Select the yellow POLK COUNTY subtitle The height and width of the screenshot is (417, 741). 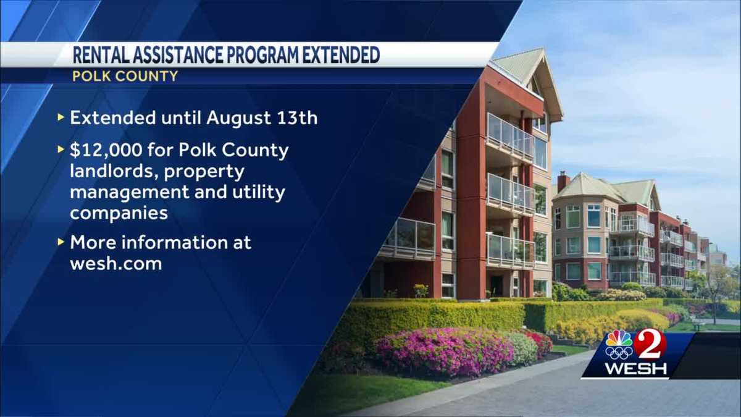125,77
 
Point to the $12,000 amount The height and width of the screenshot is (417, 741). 106,150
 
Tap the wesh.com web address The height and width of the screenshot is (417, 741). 116,264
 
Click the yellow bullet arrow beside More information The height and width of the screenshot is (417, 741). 61,242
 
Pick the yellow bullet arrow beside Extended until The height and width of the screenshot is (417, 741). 61,117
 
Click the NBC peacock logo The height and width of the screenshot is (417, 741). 619,339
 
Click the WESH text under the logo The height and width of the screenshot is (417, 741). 635,369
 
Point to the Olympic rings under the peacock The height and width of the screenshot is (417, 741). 619,353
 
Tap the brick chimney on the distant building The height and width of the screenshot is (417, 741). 563,182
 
